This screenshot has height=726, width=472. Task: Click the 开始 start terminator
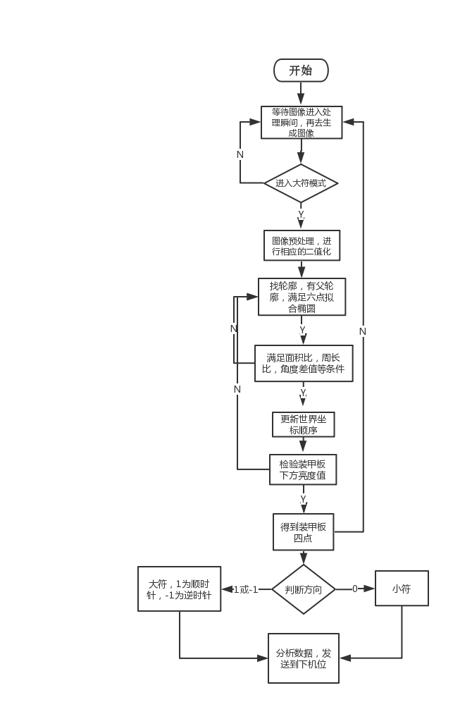click(301, 70)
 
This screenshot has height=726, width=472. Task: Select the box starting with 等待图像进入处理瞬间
click(302, 122)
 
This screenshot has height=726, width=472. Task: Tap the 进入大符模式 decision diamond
click(301, 183)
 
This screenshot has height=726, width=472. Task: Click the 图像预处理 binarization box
click(302, 246)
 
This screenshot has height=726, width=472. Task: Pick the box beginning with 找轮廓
click(302, 297)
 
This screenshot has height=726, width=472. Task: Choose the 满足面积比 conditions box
click(303, 363)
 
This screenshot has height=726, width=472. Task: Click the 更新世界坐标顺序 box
click(303, 424)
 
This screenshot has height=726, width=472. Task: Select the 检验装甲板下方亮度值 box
click(303, 469)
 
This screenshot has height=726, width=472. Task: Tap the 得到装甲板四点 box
click(303, 531)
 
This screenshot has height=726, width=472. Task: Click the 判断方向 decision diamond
click(304, 589)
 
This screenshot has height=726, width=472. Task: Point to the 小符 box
click(402, 589)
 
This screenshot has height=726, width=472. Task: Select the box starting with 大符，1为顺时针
click(179, 589)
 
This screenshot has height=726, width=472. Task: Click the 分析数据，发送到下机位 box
click(303, 658)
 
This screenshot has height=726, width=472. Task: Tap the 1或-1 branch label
click(246, 589)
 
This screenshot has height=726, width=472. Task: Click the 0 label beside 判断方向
click(355, 589)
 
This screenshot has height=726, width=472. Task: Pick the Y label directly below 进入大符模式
click(301, 214)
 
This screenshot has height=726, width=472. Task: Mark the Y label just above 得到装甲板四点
click(303, 499)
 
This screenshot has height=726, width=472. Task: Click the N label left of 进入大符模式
click(240, 154)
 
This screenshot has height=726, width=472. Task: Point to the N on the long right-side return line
click(363, 331)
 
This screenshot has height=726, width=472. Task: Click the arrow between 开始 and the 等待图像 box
click(301, 94)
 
